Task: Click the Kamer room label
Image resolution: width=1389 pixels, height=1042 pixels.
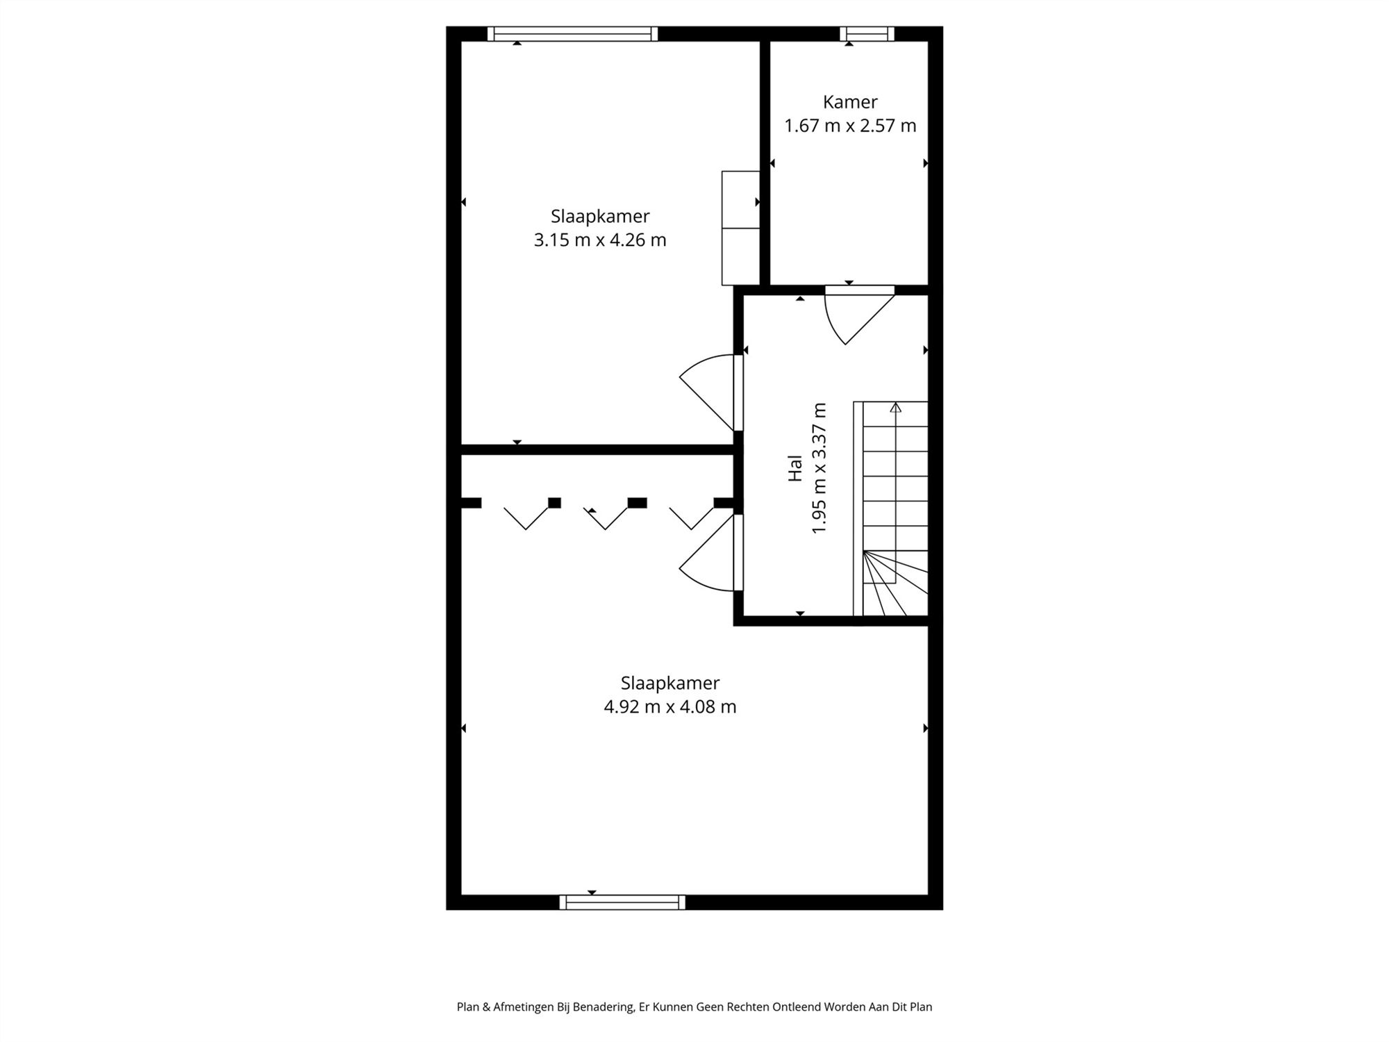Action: (850, 102)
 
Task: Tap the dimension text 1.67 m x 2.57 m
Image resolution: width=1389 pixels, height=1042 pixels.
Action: (850, 126)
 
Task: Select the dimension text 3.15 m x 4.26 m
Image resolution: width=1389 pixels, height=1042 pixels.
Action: (600, 240)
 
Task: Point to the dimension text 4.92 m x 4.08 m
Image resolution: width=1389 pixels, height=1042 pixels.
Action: (670, 707)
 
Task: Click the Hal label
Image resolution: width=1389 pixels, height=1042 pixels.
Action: (795, 468)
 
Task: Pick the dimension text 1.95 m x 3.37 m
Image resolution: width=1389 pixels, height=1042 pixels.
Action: (820, 468)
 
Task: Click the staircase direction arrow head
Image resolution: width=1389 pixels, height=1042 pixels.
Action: (895, 408)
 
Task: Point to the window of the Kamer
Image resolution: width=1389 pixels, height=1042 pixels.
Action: (867, 33)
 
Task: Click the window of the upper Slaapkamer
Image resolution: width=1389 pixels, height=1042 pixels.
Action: (572, 33)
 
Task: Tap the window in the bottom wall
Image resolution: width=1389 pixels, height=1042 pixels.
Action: (622, 902)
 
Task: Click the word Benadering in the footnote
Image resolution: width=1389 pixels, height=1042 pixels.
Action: (604, 1007)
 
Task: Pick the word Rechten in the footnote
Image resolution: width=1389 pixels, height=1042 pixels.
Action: (748, 1007)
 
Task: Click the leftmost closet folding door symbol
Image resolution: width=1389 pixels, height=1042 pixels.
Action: (526, 518)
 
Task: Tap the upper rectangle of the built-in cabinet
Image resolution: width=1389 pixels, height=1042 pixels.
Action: (740, 199)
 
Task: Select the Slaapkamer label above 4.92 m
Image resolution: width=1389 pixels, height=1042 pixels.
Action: (670, 683)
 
